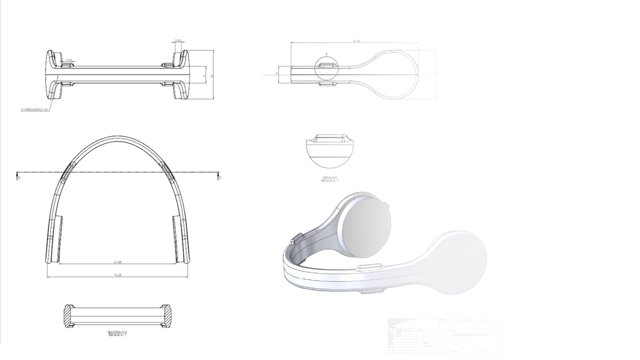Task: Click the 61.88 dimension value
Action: click(117, 262)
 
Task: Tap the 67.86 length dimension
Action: click(356, 41)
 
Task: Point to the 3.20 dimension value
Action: click(178, 40)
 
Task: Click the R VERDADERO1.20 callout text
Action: click(35, 109)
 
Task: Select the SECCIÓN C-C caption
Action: click(118, 332)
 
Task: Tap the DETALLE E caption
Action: click(330, 178)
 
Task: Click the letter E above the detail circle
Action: click(326, 54)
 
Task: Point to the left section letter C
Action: click(19, 178)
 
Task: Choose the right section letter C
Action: click(220, 178)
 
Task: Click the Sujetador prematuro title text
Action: click(470, 335)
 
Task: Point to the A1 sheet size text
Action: click(501, 345)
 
